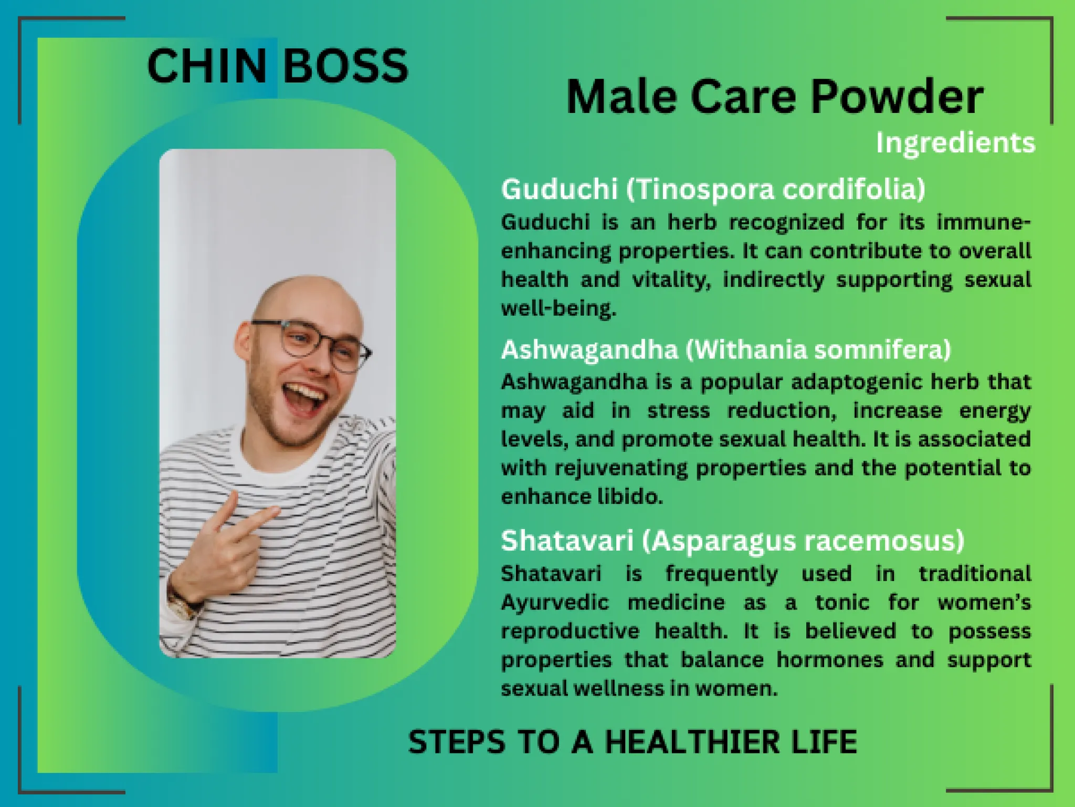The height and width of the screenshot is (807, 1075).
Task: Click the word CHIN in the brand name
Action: pyautogui.click(x=207, y=66)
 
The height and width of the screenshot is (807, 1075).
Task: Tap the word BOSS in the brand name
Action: pyautogui.click(x=345, y=66)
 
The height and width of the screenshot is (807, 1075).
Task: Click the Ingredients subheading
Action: pyautogui.click(x=955, y=143)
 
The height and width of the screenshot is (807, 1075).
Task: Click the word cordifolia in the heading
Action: pyautogui.click(x=853, y=189)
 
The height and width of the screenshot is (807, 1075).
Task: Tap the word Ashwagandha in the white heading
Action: pyautogui.click(x=589, y=349)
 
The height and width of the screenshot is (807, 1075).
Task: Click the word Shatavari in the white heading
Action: pyautogui.click(x=567, y=541)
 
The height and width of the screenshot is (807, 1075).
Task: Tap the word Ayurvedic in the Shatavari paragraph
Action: pyautogui.click(x=555, y=602)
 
